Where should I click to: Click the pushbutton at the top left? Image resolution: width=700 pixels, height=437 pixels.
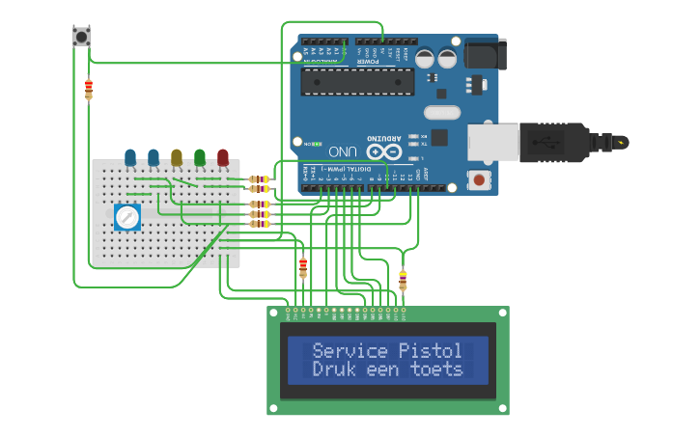pos(81,37)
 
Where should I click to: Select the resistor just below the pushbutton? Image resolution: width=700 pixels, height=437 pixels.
pos(89,90)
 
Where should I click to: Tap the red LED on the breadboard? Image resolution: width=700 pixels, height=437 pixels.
pos(223,156)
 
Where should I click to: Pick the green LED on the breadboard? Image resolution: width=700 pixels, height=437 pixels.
pos(200,156)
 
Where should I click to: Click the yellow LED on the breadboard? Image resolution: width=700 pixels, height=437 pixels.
pos(177,156)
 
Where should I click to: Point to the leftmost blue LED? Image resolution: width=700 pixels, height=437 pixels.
pos(130,156)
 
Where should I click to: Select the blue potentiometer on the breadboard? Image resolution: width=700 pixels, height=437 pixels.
pos(127,217)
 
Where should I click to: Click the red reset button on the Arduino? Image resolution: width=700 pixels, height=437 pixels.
pos(477,178)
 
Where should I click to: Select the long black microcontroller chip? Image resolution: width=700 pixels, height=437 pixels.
pos(357,81)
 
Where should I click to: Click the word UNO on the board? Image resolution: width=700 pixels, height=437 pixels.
pos(343,151)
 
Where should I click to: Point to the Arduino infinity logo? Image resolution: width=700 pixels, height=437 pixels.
pos(383,151)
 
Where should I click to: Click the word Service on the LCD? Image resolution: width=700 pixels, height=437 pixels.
pos(350,350)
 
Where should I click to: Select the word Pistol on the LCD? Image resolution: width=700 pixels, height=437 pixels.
pos(431,350)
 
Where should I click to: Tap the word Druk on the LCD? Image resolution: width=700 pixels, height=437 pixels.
pos(334,369)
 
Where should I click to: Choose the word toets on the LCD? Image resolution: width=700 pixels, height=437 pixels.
pos(436,369)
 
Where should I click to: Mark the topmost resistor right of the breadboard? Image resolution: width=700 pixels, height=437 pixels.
pos(259,179)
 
